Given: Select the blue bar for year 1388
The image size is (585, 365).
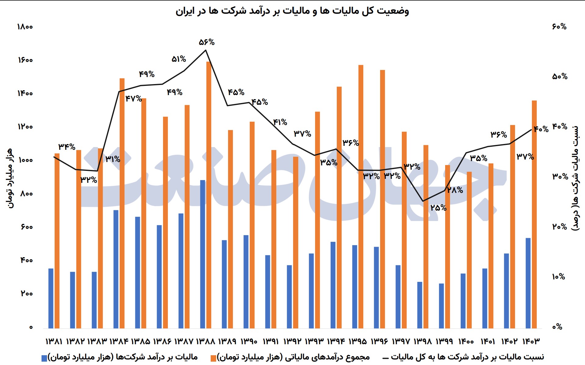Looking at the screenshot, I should (x=203, y=254).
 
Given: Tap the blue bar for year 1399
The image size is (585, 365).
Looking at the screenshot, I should (x=441, y=306).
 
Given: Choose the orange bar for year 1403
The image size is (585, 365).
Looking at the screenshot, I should (x=534, y=214).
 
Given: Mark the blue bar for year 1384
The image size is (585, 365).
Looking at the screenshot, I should (x=116, y=269).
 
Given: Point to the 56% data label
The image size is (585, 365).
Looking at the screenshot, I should (x=207, y=42).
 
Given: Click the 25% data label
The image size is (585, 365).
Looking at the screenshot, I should (x=438, y=208).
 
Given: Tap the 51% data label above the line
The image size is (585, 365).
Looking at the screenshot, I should (x=179, y=59).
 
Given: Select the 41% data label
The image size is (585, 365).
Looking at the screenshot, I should (x=280, y=122).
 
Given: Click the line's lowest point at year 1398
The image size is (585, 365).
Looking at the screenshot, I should (x=423, y=201).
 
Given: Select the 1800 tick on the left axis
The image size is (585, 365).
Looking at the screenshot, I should (x=25, y=27).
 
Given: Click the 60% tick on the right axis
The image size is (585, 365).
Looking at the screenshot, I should (x=559, y=27).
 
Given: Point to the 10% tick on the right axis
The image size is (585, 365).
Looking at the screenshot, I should (x=559, y=277).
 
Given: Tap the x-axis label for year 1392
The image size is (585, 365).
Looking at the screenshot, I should (x=292, y=341).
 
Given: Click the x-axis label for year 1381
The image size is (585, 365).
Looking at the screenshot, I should (x=54, y=341).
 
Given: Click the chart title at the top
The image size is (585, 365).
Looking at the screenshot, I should (x=292, y=11).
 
